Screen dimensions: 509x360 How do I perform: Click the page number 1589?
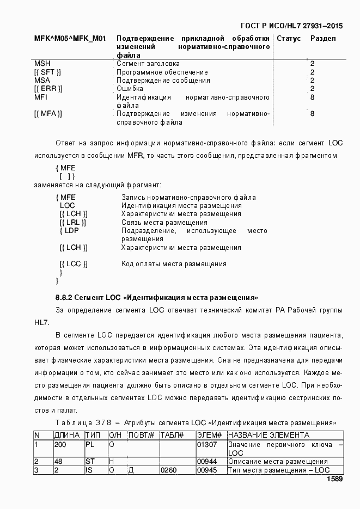tap(334, 480)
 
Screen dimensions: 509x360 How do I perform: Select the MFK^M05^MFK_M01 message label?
tap(70, 39)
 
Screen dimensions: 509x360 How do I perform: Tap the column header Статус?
tap(289, 39)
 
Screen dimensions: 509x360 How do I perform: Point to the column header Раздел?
tap(323, 39)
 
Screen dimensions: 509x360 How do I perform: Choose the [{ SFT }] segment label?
tap(47, 72)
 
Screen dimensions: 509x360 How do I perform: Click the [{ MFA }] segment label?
tap(48, 114)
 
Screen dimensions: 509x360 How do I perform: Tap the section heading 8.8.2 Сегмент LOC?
tap(156, 298)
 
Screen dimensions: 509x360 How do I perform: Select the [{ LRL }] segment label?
tap(73, 222)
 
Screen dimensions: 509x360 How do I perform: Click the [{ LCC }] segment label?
tap(74, 264)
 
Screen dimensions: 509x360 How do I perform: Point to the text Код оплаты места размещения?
tap(174, 264)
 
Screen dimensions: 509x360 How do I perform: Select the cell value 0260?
tap(168, 470)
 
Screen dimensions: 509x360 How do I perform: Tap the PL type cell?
tap(90, 445)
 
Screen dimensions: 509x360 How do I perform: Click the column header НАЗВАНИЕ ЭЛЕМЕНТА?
tap(269, 436)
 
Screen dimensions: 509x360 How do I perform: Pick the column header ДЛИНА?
tap(68, 436)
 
